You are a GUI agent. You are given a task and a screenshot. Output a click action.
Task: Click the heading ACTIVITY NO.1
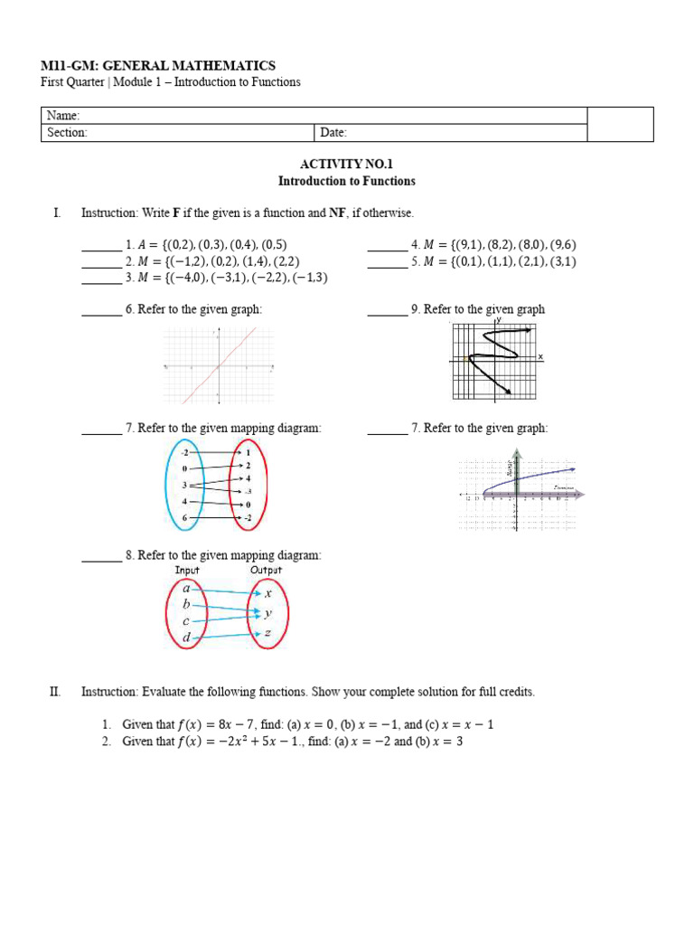[346, 164]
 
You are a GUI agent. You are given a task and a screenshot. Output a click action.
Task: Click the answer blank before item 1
[100, 245]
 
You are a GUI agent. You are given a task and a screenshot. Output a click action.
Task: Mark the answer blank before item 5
[387, 262]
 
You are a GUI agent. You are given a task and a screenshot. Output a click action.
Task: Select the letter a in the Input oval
[186, 588]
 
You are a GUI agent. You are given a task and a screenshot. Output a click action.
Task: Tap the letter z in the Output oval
[267, 634]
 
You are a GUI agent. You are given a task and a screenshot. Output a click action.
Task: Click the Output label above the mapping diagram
[266, 570]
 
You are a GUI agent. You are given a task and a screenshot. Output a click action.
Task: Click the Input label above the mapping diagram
[187, 570]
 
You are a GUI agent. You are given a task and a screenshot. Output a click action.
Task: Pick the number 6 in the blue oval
[184, 517]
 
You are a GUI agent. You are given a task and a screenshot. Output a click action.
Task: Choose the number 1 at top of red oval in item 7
[249, 451]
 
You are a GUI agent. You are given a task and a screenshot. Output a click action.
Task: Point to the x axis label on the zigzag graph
[541, 357]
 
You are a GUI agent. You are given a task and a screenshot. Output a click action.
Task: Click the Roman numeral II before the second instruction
[55, 692]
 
